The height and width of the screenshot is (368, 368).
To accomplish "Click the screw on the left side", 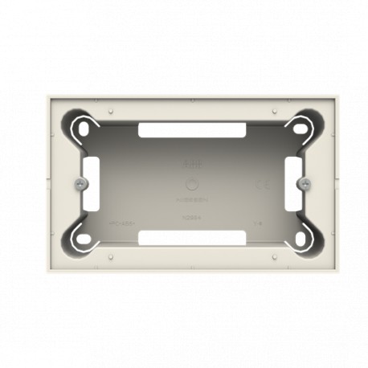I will (80, 184).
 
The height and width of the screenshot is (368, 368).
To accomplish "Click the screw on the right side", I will (304, 184).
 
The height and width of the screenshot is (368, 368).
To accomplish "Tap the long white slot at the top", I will (191, 129).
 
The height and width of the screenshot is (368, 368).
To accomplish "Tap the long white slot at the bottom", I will (191, 237).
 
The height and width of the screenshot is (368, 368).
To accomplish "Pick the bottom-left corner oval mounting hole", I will (82, 238).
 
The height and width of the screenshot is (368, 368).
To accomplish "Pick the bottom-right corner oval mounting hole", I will (301, 238).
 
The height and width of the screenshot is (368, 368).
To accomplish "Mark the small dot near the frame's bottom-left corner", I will (108, 256).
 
